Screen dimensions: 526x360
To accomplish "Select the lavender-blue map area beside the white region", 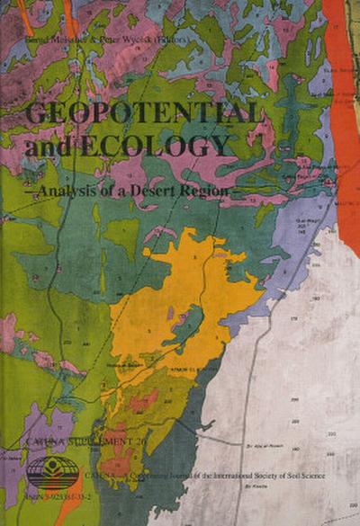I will (x=288, y=261).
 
